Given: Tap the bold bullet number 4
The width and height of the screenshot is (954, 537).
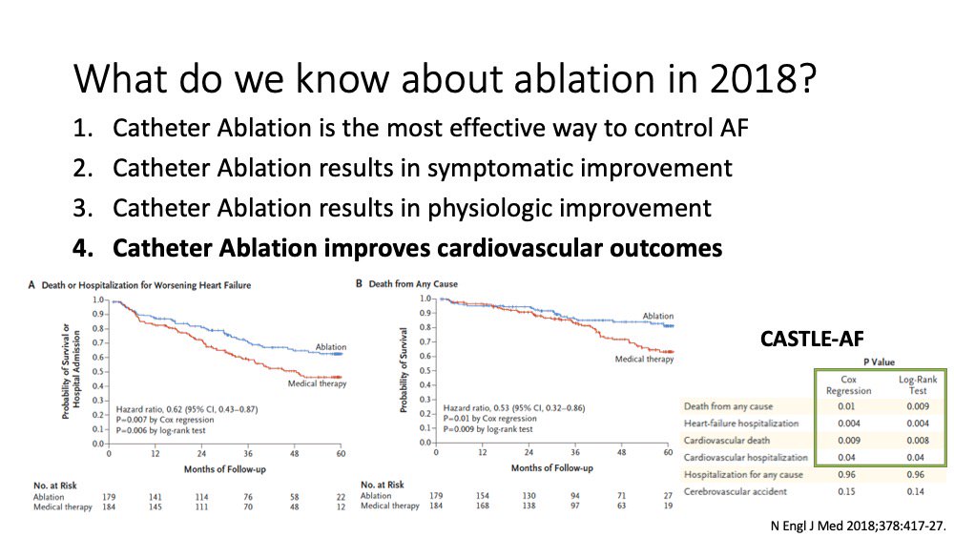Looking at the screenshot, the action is [x=83, y=248].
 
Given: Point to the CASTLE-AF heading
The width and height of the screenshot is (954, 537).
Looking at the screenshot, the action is [x=812, y=339].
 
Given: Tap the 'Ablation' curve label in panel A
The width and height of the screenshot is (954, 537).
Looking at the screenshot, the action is [x=330, y=346].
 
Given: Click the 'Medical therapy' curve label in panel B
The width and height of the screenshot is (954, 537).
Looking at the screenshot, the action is [x=644, y=359].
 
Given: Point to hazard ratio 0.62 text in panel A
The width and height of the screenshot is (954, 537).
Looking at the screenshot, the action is [x=187, y=409].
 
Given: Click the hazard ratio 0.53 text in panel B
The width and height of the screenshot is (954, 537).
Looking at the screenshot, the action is [x=514, y=408].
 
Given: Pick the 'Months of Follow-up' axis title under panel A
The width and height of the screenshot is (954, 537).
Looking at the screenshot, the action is [x=224, y=469].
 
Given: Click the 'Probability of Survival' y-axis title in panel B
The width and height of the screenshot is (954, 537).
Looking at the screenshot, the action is [x=403, y=370].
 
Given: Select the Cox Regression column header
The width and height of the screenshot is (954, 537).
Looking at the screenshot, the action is [x=848, y=385].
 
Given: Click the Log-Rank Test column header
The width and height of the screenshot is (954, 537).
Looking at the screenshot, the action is [x=918, y=385].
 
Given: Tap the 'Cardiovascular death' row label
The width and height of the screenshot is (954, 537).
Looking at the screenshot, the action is [x=726, y=441].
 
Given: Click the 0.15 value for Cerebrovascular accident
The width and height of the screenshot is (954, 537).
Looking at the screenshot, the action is [x=845, y=491].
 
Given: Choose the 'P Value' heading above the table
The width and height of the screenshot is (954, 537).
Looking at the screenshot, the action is [x=880, y=361].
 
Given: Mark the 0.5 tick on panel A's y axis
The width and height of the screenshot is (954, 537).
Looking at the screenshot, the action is [x=98, y=372].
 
